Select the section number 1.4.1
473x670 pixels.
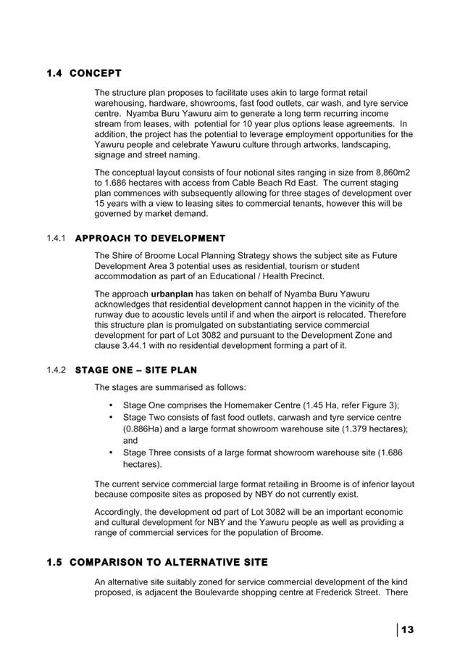coord(56,239)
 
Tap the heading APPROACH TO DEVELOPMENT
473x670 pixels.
coord(150,239)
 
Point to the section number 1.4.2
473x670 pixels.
coord(56,371)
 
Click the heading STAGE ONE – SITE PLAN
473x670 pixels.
coord(135,371)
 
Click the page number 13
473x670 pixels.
coord(407,629)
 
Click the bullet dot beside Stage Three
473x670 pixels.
coord(110,452)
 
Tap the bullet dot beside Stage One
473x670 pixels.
coord(110,405)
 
